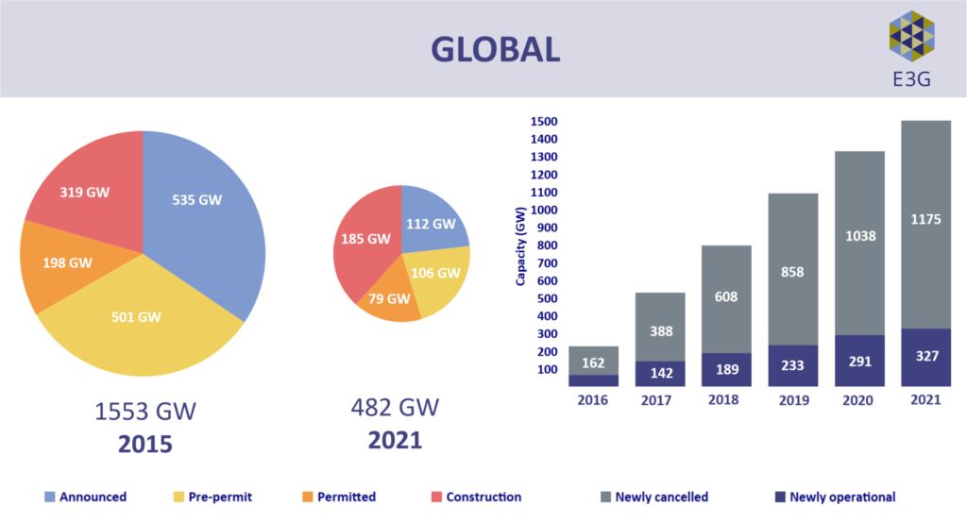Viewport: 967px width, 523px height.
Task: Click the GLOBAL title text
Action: [x=495, y=49]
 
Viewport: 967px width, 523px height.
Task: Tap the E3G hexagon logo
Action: [x=911, y=37]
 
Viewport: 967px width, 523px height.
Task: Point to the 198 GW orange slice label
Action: [x=68, y=261]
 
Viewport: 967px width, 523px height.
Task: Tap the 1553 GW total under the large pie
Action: [x=145, y=412]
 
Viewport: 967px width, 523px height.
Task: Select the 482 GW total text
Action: [x=396, y=408]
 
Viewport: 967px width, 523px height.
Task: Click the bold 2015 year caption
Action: [x=145, y=444]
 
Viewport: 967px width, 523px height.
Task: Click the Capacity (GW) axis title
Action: [x=520, y=246]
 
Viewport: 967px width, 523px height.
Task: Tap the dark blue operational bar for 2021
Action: [x=925, y=358]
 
